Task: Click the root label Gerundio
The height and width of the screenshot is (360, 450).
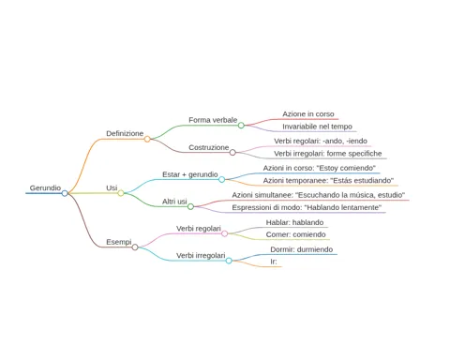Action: coord(45,187)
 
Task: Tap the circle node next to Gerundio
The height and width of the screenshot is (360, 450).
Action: coord(65,193)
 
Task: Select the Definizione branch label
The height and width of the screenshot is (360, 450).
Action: coord(125,133)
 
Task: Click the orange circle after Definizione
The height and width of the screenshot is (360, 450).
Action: coord(147,139)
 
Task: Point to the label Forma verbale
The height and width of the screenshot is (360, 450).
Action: coord(213,120)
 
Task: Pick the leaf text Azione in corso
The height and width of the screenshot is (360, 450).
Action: coord(308,114)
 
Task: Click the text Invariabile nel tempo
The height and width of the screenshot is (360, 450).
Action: coord(317,127)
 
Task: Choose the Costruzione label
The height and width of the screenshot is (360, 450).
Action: coord(209,147)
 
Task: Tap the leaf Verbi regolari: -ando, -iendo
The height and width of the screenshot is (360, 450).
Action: coord(321,141)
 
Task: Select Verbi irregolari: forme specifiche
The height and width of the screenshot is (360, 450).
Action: coord(328,154)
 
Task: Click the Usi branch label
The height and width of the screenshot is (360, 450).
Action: coord(112,187)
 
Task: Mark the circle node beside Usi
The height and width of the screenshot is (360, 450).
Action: coord(121,193)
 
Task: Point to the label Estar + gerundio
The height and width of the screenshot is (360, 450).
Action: coord(190,174)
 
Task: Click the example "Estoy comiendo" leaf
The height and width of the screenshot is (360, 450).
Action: coord(319,168)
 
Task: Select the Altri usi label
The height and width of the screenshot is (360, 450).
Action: coord(174,202)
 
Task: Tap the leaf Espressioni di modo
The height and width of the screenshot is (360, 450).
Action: coord(307,207)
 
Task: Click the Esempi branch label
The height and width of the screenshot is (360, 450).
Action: coord(119,242)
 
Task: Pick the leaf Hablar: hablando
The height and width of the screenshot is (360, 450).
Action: coord(294,222)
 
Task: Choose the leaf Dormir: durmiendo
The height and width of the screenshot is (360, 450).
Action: coord(301,249)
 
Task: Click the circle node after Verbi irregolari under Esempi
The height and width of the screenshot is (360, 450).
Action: coord(229,261)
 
